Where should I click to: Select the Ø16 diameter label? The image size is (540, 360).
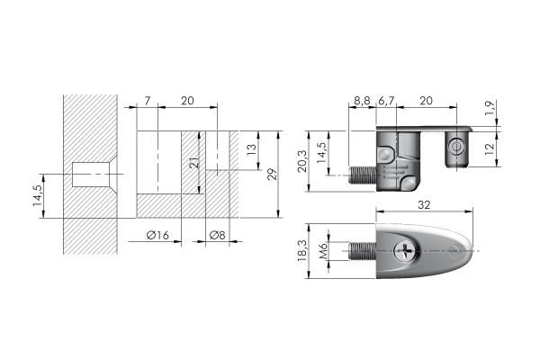coord(158,236)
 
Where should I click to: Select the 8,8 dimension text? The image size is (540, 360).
coord(362,100)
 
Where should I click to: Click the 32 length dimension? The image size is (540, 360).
coord(423,206)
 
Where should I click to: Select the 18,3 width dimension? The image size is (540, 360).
coord(303,250)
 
